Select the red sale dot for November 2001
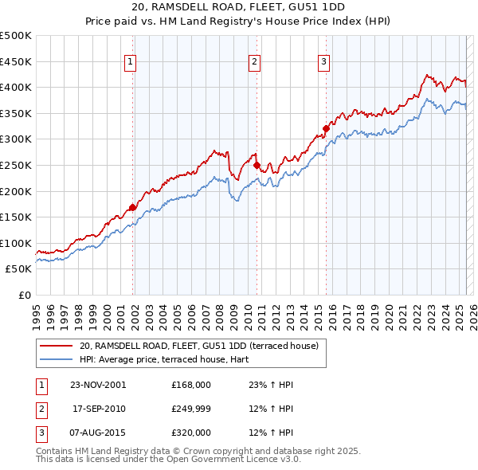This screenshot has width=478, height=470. (x=132, y=207)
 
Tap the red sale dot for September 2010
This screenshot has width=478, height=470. (x=257, y=165)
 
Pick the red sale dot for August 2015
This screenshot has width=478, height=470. (x=326, y=128)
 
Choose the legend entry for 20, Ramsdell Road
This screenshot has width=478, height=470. (x=199, y=346)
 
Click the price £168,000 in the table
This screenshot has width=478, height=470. (x=191, y=384)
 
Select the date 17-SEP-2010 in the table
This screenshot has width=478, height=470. (x=100, y=408)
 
